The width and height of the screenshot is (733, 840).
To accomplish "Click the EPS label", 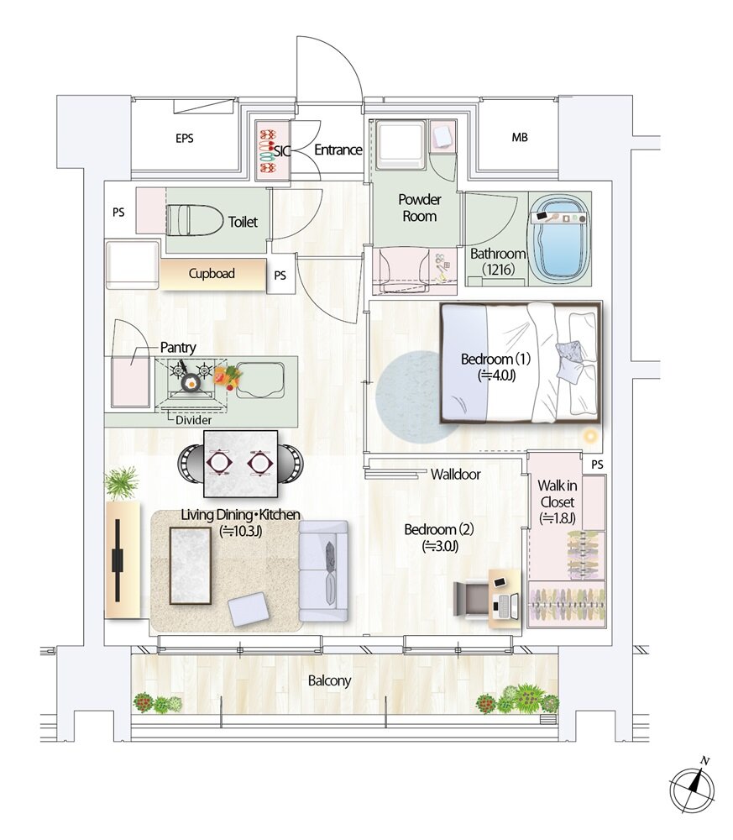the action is (x=184, y=139).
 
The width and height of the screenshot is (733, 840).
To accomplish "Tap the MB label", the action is (x=520, y=138).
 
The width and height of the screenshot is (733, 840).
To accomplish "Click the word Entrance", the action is (x=338, y=150).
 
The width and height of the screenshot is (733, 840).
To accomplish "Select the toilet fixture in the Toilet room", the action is (x=194, y=219).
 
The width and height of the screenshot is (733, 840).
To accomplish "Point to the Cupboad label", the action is (x=212, y=274).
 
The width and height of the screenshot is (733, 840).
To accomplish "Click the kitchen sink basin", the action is (x=259, y=380).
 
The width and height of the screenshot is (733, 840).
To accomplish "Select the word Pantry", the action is (x=178, y=348).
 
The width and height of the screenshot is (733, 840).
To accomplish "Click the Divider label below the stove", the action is (x=193, y=420).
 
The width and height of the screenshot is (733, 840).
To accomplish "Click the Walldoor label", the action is (x=456, y=474).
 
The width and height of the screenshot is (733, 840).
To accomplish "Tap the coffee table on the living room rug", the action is (x=190, y=565).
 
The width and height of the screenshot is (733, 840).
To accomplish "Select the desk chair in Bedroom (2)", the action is (x=471, y=598).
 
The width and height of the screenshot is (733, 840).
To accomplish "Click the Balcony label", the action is (x=329, y=681).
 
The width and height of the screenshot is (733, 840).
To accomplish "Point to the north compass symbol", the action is (x=692, y=787).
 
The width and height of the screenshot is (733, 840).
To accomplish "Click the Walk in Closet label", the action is (x=557, y=501).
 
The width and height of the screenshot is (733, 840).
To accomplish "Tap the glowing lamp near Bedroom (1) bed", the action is (x=590, y=437).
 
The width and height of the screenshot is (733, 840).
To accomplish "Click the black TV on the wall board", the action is (x=118, y=559).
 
